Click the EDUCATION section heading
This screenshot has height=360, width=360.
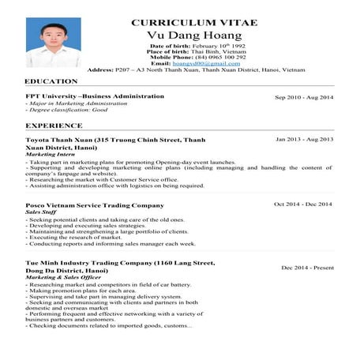[51, 82]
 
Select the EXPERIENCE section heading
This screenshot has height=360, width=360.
[54, 125]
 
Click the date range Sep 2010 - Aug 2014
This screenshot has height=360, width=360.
[304, 97]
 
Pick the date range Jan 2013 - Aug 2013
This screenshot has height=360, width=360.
[304, 140]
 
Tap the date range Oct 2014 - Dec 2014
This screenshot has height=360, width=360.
[303, 204]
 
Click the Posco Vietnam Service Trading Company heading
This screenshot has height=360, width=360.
[95, 205]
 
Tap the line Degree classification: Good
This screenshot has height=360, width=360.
[68, 111]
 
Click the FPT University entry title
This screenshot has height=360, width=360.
[95, 96]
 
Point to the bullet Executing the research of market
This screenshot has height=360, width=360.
[76, 237]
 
